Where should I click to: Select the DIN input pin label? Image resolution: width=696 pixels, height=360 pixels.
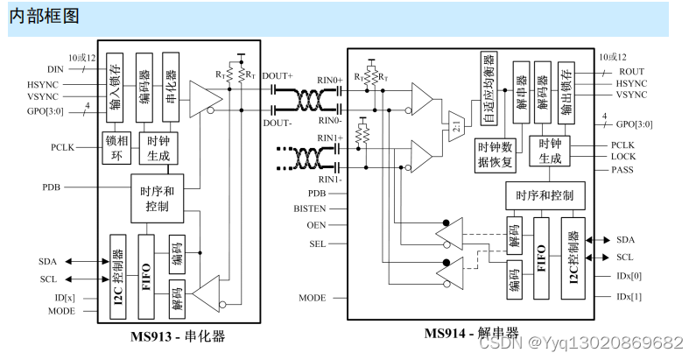click(55, 68)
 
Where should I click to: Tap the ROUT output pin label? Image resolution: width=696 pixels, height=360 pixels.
click(631, 70)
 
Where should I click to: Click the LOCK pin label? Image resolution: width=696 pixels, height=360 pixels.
click(623, 157)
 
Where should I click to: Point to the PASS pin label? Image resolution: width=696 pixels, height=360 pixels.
click(622, 170)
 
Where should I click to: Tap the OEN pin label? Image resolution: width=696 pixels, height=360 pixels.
click(317, 224)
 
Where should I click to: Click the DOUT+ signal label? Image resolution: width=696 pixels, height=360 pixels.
click(278, 77)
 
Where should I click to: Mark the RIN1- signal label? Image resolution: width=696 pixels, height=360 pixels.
click(329, 180)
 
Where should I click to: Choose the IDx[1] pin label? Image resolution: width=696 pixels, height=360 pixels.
click(629, 297)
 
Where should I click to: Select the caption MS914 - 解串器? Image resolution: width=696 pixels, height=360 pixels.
click(473, 334)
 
